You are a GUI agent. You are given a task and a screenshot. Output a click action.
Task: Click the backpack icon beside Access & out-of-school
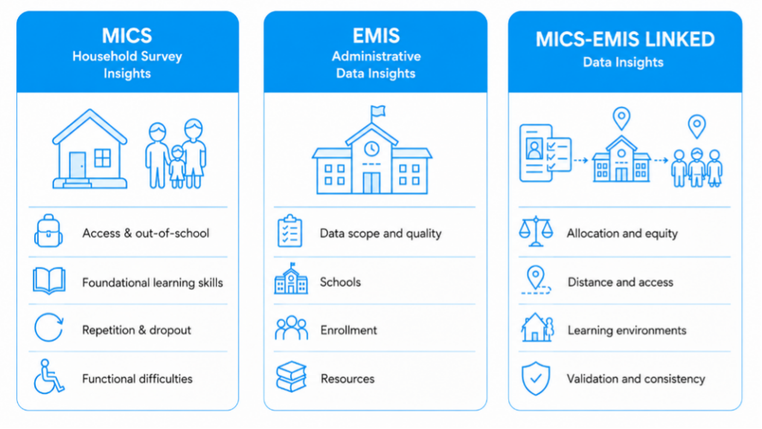coord(48,231)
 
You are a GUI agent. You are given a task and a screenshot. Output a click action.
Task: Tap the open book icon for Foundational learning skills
coord(49,280)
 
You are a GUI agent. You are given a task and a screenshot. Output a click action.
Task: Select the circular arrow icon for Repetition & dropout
coord(48,328)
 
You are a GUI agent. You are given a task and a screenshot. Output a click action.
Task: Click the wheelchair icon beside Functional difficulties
coord(48,376)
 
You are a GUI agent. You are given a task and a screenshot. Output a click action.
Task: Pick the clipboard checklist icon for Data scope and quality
coord(289,231)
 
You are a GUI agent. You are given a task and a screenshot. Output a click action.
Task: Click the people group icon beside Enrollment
coord(291,328)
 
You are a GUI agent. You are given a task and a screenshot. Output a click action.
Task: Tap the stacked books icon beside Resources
coord(291,377)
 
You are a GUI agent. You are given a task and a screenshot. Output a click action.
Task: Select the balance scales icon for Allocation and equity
coord(536,231)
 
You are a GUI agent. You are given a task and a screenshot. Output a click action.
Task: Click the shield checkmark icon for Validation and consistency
coord(536,378)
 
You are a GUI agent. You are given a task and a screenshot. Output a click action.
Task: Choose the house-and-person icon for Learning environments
coord(537,328)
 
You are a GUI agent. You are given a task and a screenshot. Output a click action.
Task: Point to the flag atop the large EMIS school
coord(377,112)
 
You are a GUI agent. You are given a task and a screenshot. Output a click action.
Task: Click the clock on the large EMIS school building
coord(372,149)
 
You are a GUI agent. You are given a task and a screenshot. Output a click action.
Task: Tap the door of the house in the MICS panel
coord(77,166)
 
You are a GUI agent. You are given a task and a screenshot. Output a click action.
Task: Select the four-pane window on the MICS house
coord(103,158)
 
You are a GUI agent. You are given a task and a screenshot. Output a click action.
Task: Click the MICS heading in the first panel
coord(127,36)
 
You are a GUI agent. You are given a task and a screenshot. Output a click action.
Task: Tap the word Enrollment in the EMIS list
coord(348,330)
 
